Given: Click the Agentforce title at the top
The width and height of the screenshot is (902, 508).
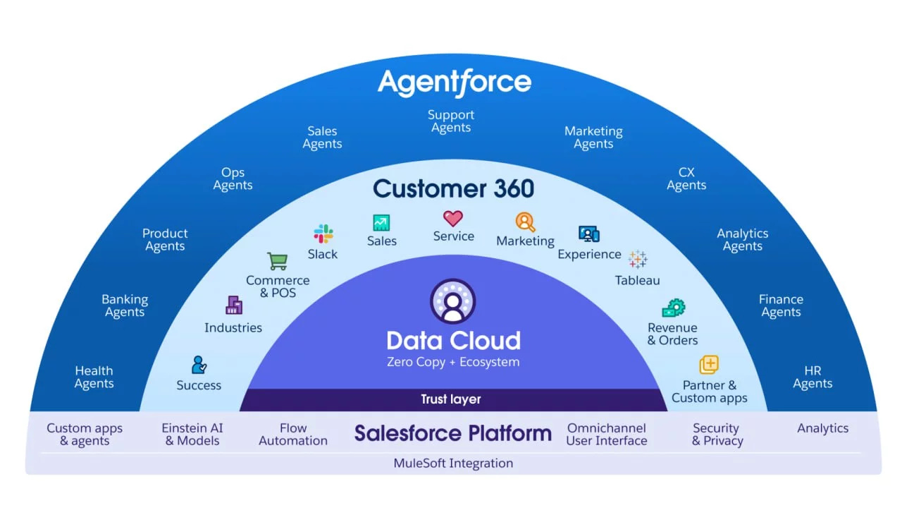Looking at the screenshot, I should tap(455, 83).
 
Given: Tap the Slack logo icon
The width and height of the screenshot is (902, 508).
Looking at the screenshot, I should tap(323, 234).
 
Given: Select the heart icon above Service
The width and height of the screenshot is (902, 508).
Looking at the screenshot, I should tap(453, 218).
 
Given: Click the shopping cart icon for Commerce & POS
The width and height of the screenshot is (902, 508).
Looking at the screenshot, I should tap(278, 261).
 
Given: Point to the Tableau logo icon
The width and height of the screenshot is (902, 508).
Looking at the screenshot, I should tap(638, 259).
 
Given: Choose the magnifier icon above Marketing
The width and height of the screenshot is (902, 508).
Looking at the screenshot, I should tap(526, 222).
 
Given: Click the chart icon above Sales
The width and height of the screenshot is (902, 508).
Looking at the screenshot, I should tap(381, 223).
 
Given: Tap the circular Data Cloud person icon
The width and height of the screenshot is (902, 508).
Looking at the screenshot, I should tap(453, 301).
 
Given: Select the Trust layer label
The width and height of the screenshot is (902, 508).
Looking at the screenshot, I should tap(451, 399).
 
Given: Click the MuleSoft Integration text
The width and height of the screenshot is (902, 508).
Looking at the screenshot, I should tap(453, 464).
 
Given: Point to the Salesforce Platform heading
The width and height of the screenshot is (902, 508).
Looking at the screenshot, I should tap(452, 433).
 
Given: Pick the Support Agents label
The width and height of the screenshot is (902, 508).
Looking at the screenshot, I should tap(451, 121).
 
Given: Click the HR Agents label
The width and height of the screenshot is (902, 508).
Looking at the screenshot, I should tap(813, 377).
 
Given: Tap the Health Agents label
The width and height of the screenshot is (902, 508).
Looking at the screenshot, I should tap(94, 377).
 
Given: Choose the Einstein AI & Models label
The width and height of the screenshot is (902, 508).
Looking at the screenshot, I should tap(192, 435).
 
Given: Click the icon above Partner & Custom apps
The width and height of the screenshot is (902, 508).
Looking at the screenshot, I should tap(709, 365).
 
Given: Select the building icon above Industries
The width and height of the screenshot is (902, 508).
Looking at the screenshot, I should tap(233, 305).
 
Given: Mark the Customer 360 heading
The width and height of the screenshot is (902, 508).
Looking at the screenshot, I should tap(453, 189).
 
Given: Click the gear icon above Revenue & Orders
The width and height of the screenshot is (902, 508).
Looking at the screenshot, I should tap(673, 308).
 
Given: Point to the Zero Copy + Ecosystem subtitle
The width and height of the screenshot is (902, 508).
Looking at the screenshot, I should tap(453, 363).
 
